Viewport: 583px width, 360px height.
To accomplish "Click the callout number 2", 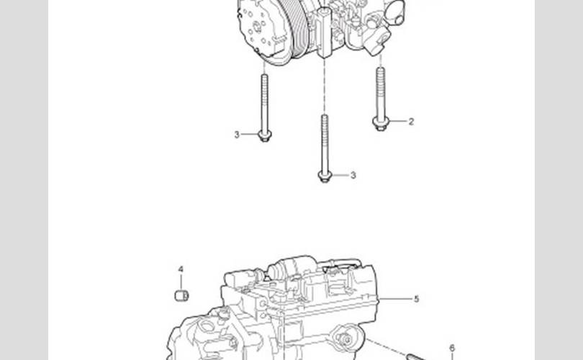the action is point(411,122).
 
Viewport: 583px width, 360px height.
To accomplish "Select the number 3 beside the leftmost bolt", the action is point(237,135).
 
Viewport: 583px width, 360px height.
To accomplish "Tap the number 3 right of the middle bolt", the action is point(353,175).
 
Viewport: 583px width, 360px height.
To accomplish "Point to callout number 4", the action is point(181,269).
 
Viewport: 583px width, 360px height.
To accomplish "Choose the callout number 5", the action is point(417,299).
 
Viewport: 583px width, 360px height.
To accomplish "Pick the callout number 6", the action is point(452,348).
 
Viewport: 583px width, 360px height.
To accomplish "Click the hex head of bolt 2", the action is point(380,123).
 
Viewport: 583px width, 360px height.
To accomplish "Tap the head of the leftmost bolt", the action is point(264,136).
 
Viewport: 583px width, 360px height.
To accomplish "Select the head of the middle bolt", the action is point(325,176).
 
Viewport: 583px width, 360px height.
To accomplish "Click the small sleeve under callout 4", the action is point(181,296).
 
